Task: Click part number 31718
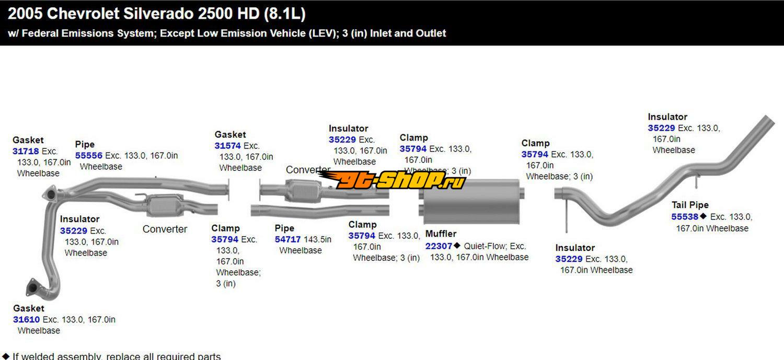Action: (x=26, y=152)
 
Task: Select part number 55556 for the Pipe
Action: (x=88, y=156)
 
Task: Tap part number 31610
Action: (x=26, y=320)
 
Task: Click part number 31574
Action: (x=228, y=146)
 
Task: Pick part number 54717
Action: (x=288, y=240)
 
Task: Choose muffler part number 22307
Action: (x=439, y=246)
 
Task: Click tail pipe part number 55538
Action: (x=685, y=217)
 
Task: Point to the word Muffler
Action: (x=441, y=234)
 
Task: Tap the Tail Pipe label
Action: (x=690, y=205)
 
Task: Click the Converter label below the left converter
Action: (x=165, y=229)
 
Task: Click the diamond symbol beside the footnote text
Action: (x=6, y=356)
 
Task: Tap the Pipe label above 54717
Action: (x=284, y=228)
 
